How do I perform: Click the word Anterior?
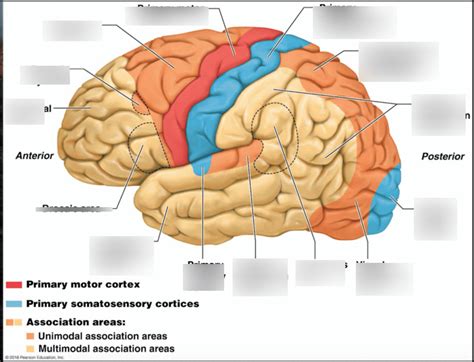pos(34,155)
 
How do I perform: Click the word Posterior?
pos(442,156)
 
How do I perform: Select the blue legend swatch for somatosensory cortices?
pos(14,303)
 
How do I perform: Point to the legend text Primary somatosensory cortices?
pos(112,303)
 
